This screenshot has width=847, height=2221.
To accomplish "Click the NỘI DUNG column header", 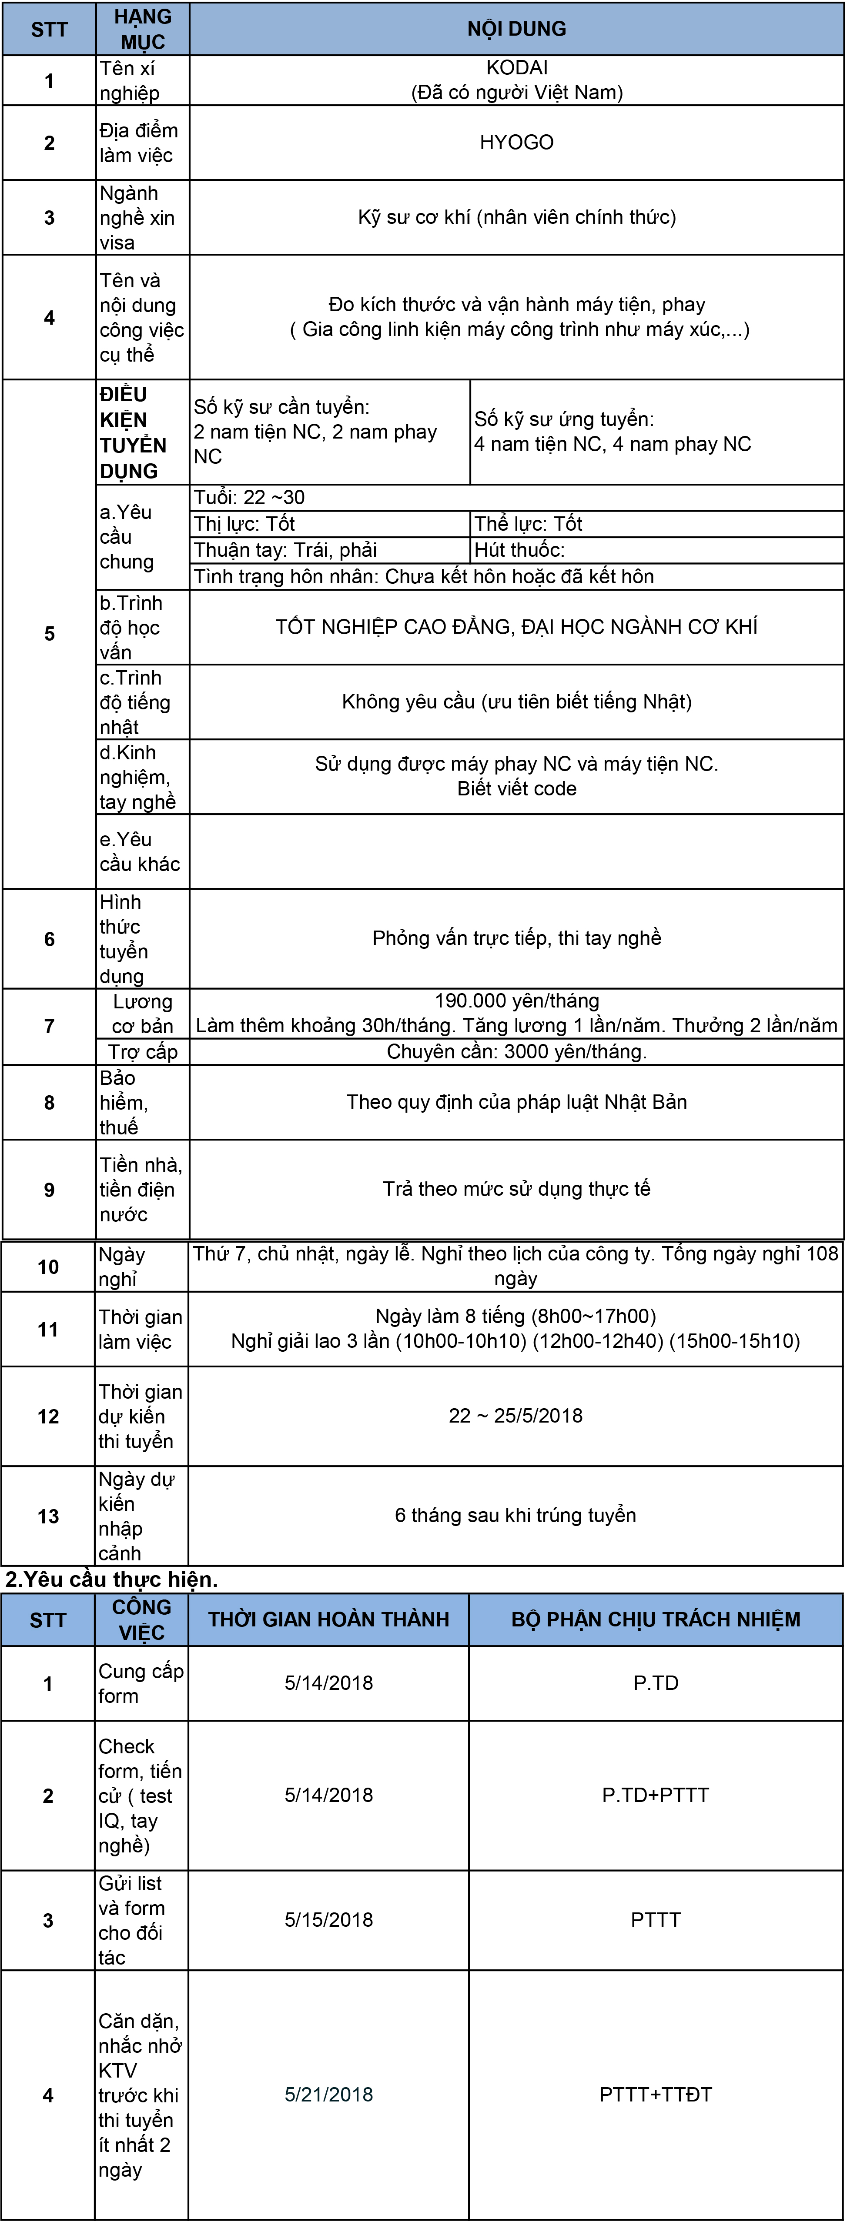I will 517,28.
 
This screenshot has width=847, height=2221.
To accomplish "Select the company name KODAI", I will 517,67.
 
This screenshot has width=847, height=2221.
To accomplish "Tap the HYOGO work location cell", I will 517,142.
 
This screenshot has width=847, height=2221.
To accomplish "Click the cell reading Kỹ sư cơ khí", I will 517,217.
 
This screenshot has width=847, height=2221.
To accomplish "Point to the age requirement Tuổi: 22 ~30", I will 249,498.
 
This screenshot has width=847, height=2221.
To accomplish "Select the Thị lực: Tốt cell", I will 245,523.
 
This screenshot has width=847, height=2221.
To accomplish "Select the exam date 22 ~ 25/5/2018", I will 516,1416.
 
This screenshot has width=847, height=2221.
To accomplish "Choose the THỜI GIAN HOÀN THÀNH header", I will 328,1619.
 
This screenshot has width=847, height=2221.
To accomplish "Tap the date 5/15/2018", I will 328,1920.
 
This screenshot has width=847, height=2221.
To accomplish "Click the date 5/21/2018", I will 328,2094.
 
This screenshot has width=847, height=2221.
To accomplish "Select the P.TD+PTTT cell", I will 656,1795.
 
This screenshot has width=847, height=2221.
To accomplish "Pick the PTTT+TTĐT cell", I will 656,2094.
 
